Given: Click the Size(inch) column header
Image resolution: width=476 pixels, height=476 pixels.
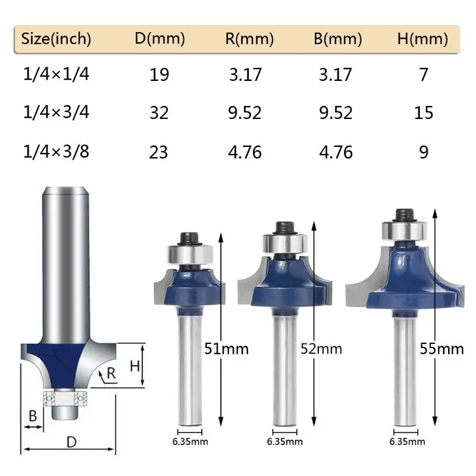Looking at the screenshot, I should click(x=57, y=39).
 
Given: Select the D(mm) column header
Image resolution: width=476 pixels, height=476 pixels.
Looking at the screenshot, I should click(x=159, y=39).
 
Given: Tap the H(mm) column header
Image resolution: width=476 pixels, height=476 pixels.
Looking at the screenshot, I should click(x=422, y=39).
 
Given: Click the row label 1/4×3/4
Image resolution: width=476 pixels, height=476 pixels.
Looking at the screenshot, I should click(x=56, y=112).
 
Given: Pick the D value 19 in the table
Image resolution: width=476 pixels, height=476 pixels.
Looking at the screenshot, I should click(x=159, y=75).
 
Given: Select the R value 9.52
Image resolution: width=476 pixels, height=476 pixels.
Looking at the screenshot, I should click(x=245, y=112).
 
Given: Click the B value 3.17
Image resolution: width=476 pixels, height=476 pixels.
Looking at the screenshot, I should click(x=336, y=75).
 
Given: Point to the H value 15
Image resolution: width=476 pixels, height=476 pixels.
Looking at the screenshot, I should click(x=424, y=112).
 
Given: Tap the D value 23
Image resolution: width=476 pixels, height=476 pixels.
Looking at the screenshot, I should click(x=159, y=152).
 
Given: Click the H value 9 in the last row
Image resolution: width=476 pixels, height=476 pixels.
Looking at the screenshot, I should click(x=424, y=152).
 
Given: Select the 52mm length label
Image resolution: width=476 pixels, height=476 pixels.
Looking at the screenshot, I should click(x=322, y=348).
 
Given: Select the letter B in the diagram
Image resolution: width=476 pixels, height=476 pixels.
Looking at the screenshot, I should click(x=33, y=416).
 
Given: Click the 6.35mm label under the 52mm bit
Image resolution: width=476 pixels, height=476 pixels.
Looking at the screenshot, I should click(x=285, y=441).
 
